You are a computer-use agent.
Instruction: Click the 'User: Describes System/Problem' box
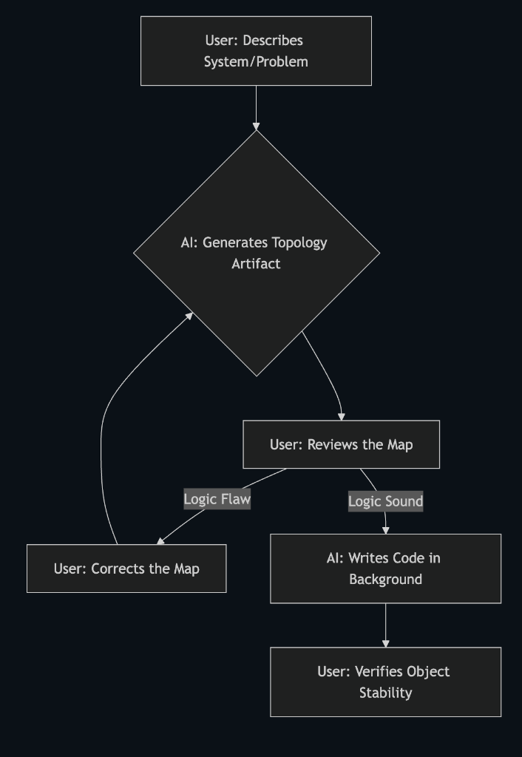[x=256, y=50]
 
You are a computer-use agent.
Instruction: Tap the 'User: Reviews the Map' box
[x=341, y=444]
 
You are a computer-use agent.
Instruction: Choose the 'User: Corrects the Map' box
[x=126, y=568]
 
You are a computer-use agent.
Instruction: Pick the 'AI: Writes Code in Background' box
[x=385, y=568]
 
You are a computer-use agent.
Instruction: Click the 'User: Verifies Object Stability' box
[x=385, y=682]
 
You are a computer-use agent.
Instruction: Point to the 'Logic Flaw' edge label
[x=217, y=499]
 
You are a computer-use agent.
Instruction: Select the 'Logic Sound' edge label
[x=385, y=501]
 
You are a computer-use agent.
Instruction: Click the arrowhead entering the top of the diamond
[x=256, y=126]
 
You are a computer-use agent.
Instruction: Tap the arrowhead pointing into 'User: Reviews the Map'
[x=341, y=416]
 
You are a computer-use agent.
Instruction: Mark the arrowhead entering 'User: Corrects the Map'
[x=161, y=541]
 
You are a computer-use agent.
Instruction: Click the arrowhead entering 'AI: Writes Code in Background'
[x=385, y=529]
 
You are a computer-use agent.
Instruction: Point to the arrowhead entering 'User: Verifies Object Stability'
[x=385, y=643]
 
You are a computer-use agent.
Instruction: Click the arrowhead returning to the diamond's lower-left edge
[x=189, y=316]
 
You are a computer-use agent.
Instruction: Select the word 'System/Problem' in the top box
[x=256, y=61]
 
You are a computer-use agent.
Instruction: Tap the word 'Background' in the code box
[x=385, y=579]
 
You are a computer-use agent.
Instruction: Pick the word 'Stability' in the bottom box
[x=385, y=693]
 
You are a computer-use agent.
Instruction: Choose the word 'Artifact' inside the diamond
[x=256, y=263]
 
